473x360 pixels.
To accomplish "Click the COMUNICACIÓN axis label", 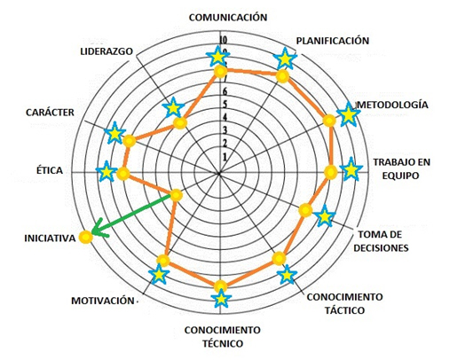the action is pyautogui.click(x=228, y=17).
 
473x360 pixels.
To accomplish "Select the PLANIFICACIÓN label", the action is pyautogui.click(x=333, y=41).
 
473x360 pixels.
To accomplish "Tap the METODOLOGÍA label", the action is pyautogui.click(x=392, y=105).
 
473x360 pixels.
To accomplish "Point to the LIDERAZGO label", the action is pyautogui.click(x=106, y=51).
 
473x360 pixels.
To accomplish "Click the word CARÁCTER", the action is pyautogui.click(x=50, y=113).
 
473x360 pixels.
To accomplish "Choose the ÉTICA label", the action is pyautogui.click(x=50, y=170).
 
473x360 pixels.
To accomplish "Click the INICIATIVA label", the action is pyautogui.click(x=50, y=239).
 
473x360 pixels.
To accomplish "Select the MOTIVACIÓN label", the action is pyautogui.click(x=103, y=301).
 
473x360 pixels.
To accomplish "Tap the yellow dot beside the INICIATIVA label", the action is pyautogui.click(x=85, y=238).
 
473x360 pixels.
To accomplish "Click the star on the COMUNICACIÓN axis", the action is pyautogui.click(x=217, y=57).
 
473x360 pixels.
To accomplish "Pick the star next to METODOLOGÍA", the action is pyautogui.click(x=348, y=114).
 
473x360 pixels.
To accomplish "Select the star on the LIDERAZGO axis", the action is pyautogui.click(x=173, y=107).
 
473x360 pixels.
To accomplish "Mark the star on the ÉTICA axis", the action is pyautogui.click(x=106, y=172).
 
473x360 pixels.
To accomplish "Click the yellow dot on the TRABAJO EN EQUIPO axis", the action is pyautogui.click(x=331, y=173).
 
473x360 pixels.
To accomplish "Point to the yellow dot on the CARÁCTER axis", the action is pyautogui.click(x=129, y=141).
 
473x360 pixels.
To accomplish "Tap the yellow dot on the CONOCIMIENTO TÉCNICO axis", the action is pyautogui.click(x=220, y=286).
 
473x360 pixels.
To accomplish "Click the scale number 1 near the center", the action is pyautogui.click(x=225, y=157).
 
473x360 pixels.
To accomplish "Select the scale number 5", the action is pyautogui.click(x=225, y=105).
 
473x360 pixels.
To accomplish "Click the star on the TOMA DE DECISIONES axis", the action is pyautogui.click(x=324, y=216).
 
